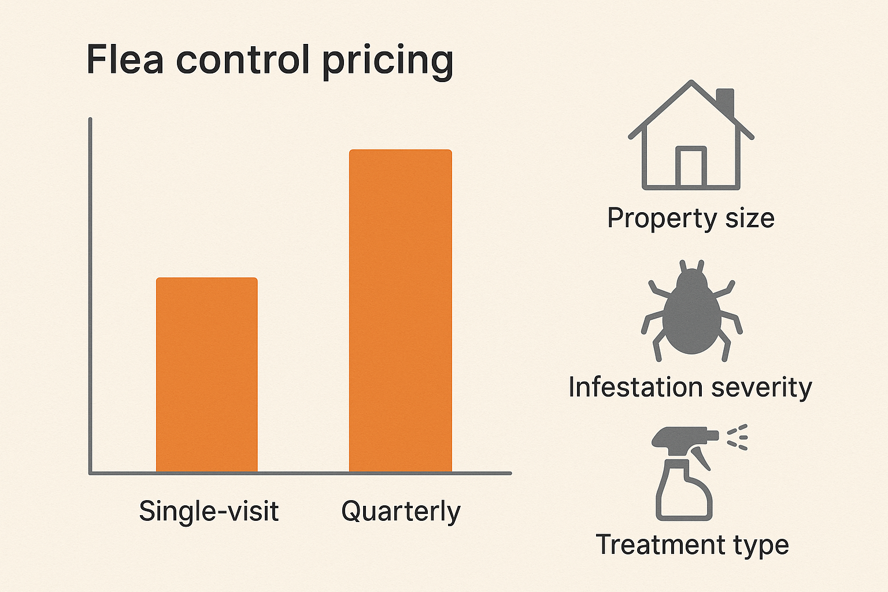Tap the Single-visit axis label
click(x=209, y=511)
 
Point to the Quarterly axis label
click(x=401, y=512)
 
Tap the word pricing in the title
click(x=387, y=61)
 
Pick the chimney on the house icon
click(x=725, y=101)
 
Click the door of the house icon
click(x=691, y=167)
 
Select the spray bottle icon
click(x=686, y=474)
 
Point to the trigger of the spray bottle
click(x=702, y=457)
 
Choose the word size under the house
click(x=750, y=219)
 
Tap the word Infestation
click(x=635, y=387)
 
